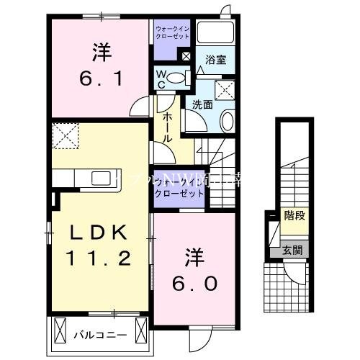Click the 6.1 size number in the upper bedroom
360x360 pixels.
101,75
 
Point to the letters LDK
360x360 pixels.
100,233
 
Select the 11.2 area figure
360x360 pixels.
101,257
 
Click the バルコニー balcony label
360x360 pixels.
100,335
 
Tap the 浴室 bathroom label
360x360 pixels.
215,60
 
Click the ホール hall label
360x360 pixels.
167,126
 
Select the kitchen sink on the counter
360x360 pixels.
101,177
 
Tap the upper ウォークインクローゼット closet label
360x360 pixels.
171,34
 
